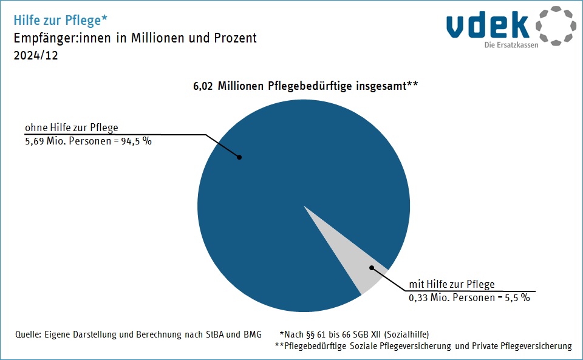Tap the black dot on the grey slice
(x=372, y=267)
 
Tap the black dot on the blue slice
(x=239, y=157)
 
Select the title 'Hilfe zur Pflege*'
(x=61, y=20)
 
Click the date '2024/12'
(x=35, y=55)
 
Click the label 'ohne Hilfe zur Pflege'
(x=71, y=128)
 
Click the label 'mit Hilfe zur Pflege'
(x=452, y=284)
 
